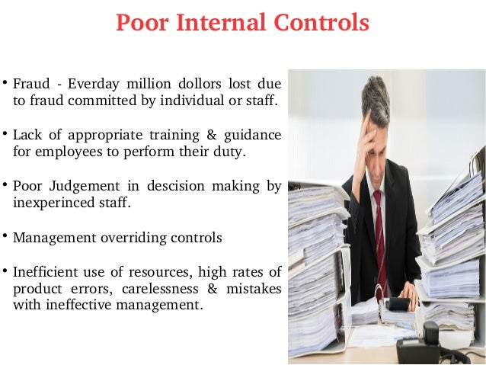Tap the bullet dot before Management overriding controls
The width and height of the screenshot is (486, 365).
click(5, 236)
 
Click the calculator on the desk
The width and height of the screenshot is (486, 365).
click(398, 303)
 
